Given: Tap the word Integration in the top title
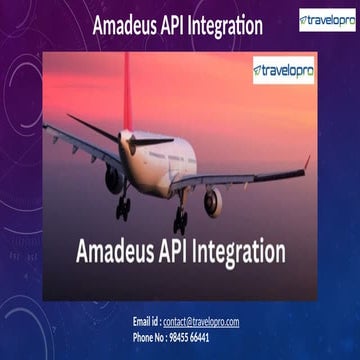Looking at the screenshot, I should point(231,26).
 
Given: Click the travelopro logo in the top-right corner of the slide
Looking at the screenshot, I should point(326,20).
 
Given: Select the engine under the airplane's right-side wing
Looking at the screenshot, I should point(214,200).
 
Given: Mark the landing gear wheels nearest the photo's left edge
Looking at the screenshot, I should point(123,209).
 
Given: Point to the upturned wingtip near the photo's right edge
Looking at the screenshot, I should point(305,163).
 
